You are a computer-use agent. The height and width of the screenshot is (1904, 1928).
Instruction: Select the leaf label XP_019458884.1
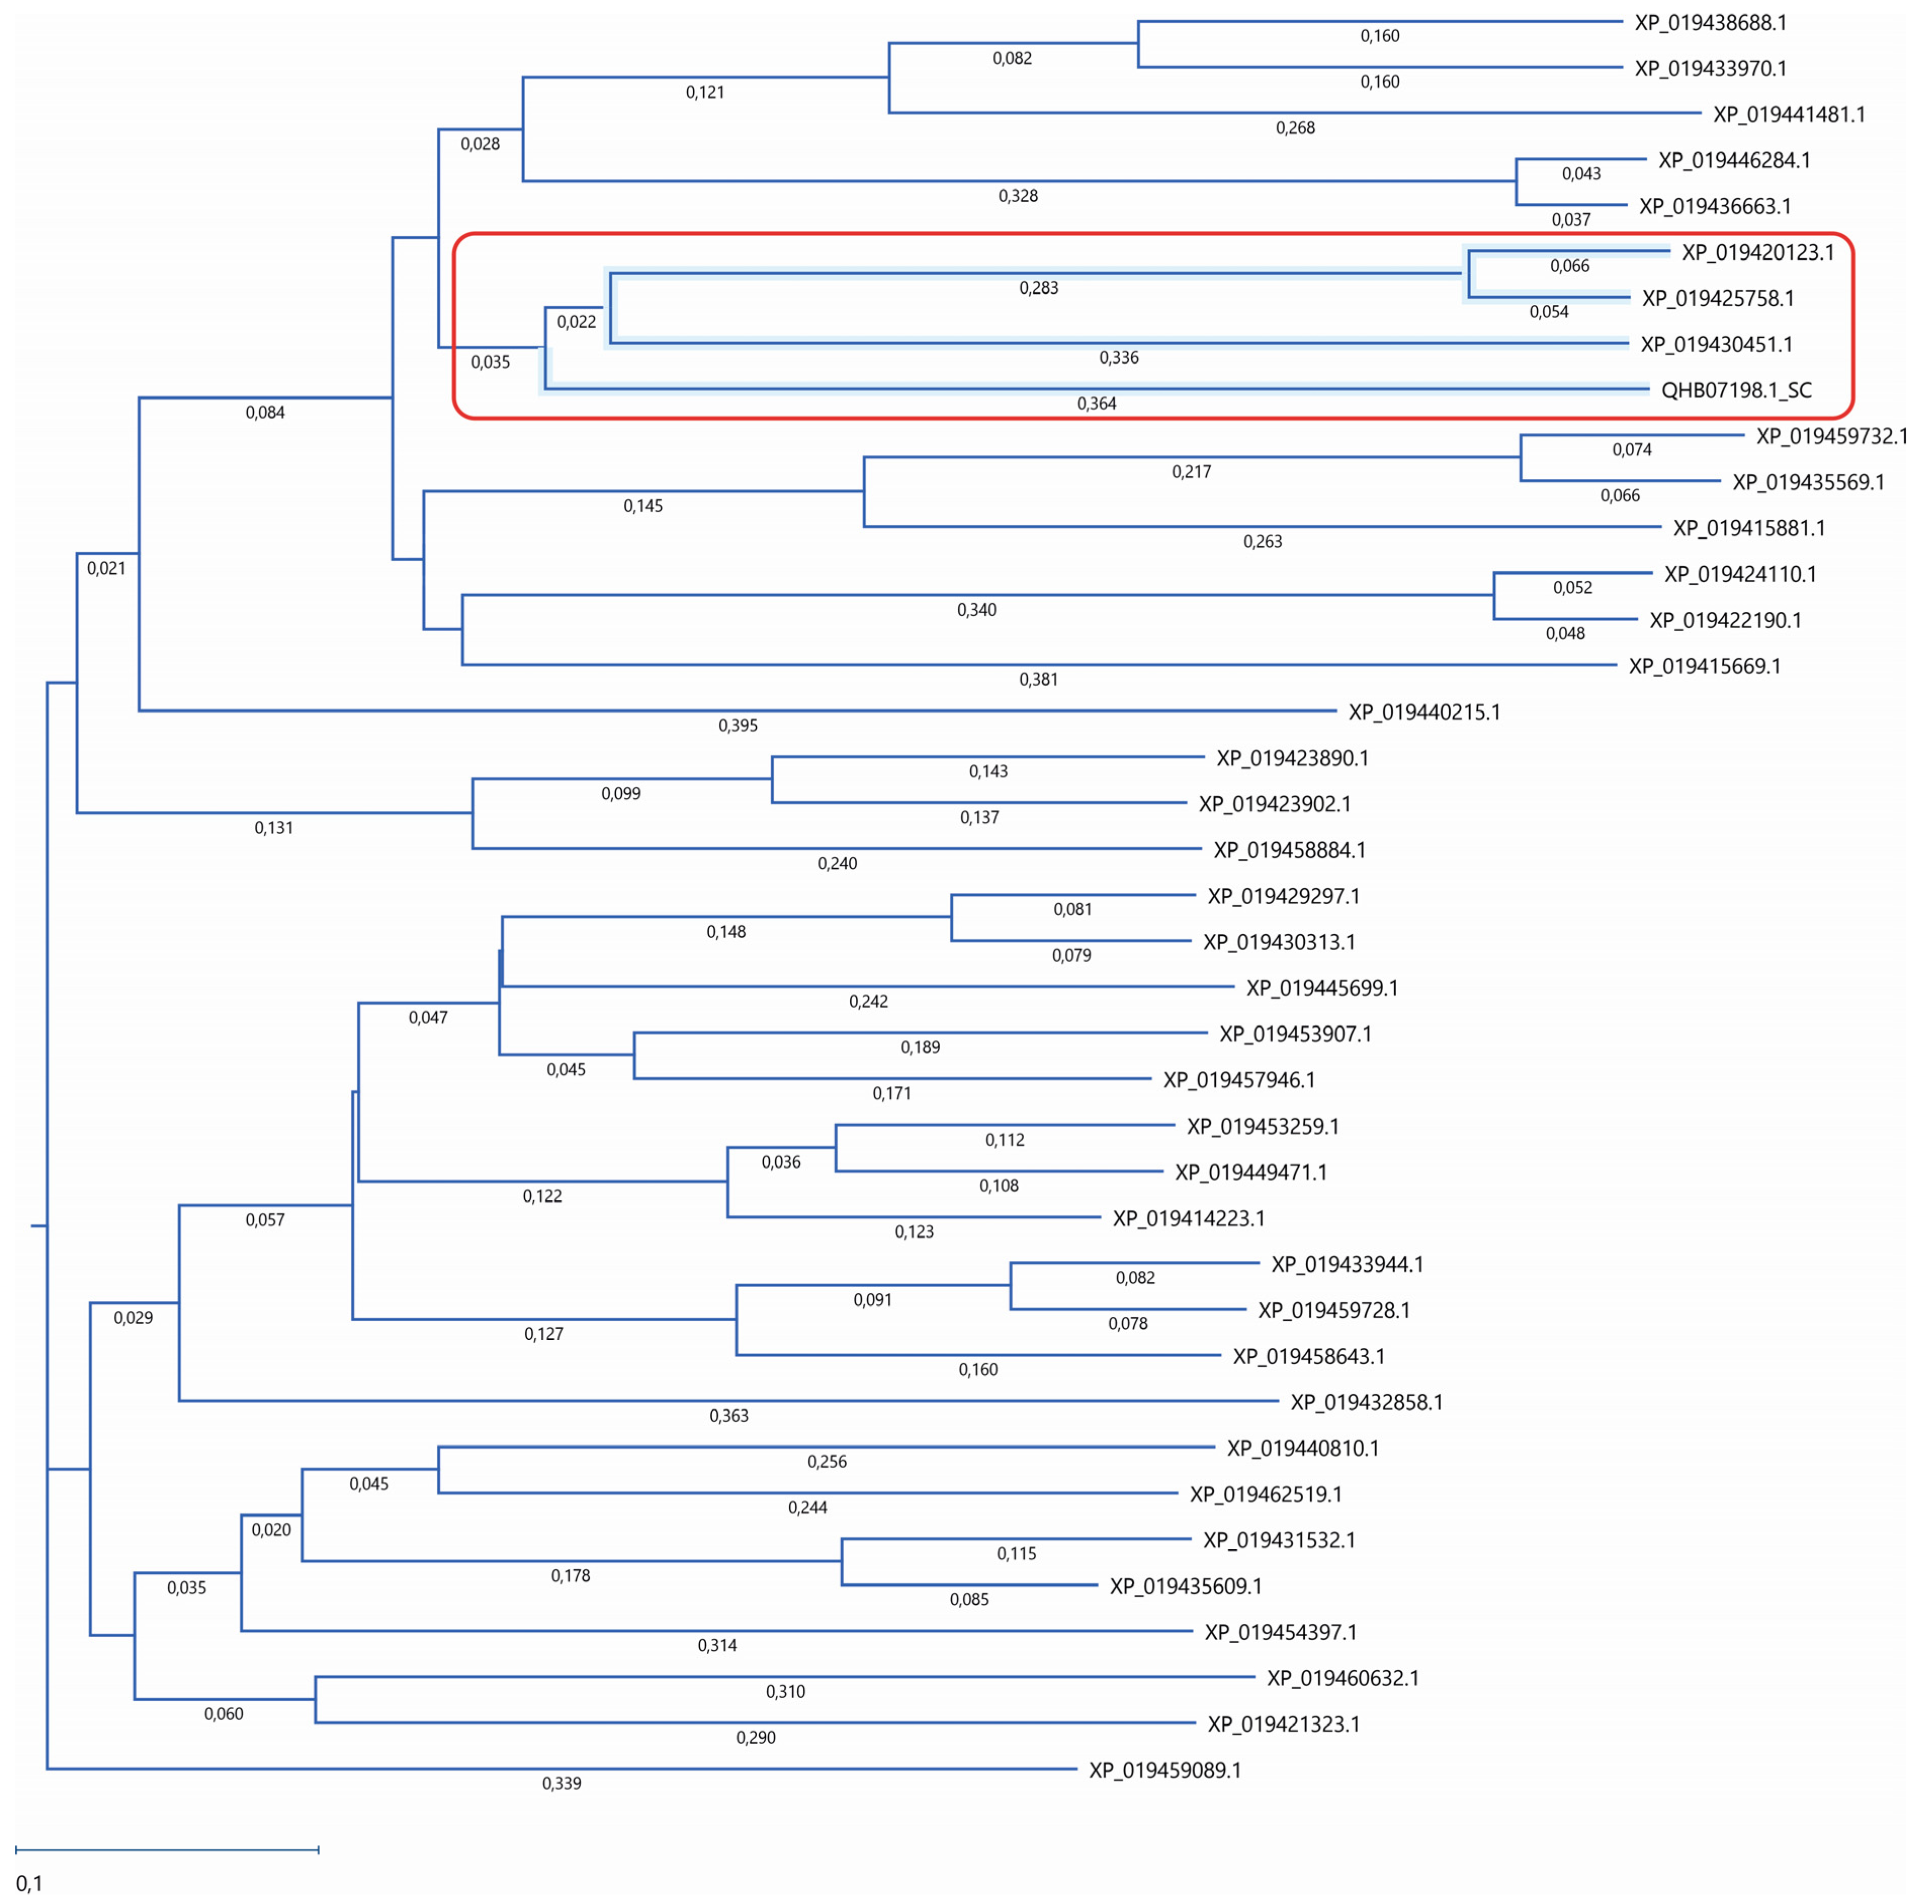tap(1290, 850)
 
